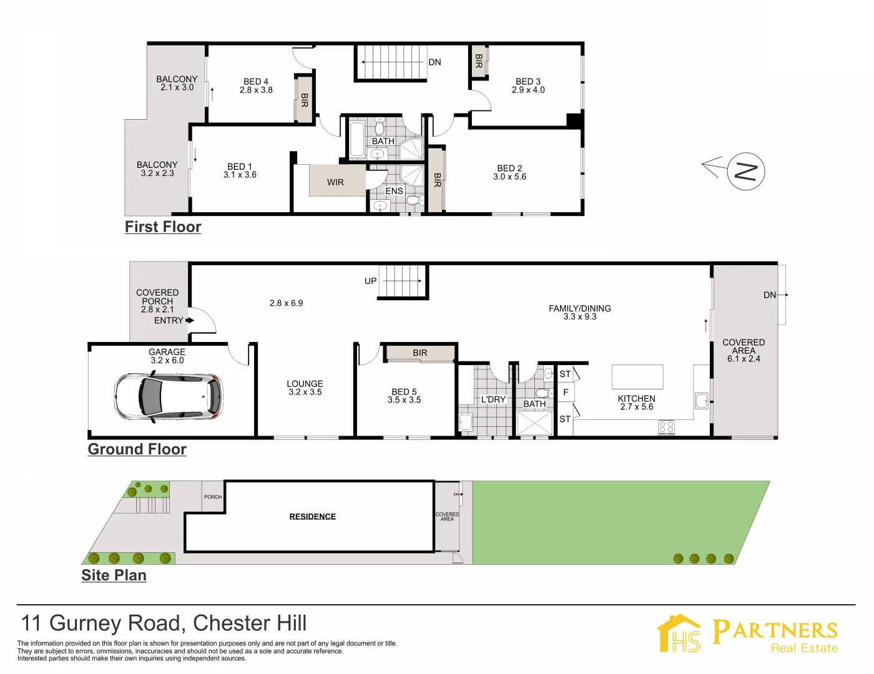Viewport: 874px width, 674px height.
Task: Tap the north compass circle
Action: (x=745, y=171)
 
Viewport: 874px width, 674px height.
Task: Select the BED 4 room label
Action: (x=256, y=82)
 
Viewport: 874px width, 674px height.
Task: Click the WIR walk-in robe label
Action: (x=335, y=182)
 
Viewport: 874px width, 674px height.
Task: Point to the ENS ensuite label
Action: (x=394, y=191)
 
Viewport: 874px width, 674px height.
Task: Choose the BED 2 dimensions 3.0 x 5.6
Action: (x=509, y=177)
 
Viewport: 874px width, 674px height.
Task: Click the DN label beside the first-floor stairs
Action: (x=435, y=62)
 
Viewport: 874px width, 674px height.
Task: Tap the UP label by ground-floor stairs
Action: (x=370, y=281)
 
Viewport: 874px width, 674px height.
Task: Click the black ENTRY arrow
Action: (x=190, y=320)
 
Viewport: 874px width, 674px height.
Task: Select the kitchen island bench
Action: (x=637, y=376)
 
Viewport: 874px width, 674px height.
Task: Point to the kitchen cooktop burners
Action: (x=666, y=427)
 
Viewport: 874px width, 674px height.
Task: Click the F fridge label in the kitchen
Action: (x=566, y=393)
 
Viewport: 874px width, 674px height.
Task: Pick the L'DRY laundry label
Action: (x=493, y=399)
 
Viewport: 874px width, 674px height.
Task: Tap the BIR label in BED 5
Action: (x=420, y=353)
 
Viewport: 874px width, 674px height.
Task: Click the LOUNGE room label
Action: (x=305, y=384)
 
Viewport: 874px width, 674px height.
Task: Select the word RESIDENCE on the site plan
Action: (x=313, y=517)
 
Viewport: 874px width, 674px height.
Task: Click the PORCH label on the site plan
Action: (x=213, y=497)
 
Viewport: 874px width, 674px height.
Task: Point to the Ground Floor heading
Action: (x=137, y=449)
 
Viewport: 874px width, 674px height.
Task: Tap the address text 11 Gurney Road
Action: (x=101, y=623)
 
